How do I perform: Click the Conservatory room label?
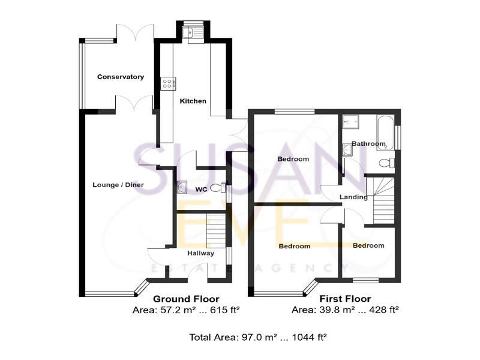[121, 77]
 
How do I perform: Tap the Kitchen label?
[193, 101]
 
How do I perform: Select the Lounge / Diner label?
[117, 185]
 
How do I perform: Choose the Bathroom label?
[368, 144]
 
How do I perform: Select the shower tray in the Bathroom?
[350, 122]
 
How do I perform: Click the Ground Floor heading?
[186, 299]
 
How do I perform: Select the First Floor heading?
[345, 299]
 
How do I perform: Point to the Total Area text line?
[258, 338]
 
